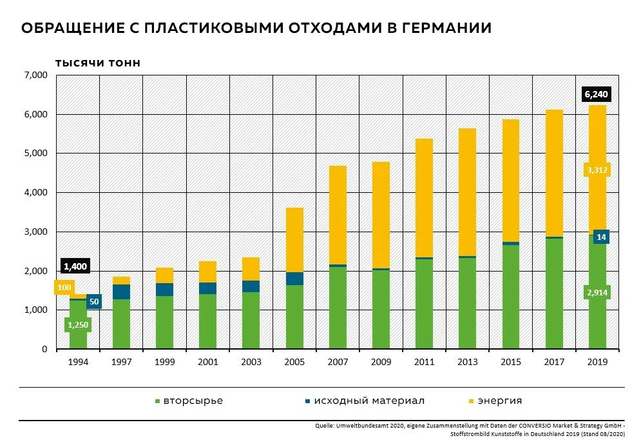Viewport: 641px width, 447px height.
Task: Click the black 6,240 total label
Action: click(x=596, y=94)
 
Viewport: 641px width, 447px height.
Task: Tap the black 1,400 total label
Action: click(x=75, y=266)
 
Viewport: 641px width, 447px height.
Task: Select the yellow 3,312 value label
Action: click(x=597, y=170)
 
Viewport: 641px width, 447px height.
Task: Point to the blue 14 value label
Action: click(x=600, y=237)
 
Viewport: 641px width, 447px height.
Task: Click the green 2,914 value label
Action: click(x=597, y=293)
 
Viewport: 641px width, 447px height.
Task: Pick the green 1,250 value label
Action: click(x=78, y=325)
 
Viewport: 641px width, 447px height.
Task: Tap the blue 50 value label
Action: click(x=94, y=301)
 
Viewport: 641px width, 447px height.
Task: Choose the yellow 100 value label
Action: click(x=64, y=288)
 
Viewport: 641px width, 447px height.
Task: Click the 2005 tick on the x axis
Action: click(x=294, y=362)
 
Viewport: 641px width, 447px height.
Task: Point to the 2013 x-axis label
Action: click(x=467, y=362)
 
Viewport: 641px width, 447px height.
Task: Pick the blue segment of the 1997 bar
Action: click(x=121, y=292)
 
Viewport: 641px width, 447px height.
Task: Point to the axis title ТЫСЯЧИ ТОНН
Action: click(x=98, y=63)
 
